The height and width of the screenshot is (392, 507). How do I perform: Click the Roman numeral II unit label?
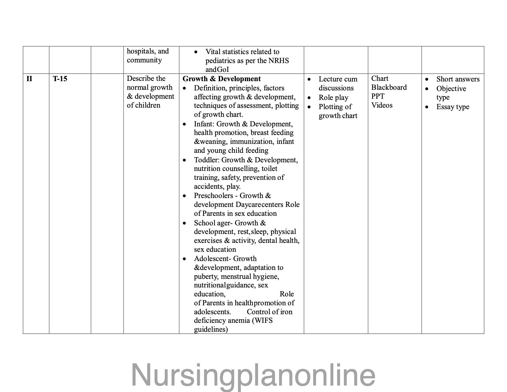point(29,79)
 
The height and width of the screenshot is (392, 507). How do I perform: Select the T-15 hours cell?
point(60,79)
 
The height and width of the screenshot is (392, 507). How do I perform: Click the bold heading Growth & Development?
point(222,79)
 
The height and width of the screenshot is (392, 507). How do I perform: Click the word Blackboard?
point(389,88)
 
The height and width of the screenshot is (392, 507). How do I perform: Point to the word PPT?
point(378,96)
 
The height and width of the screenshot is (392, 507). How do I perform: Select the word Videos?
point(382,105)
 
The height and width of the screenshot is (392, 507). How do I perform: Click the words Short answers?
point(458,79)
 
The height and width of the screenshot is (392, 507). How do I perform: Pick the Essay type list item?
point(453,107)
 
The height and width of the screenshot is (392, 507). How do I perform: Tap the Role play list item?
point(333,98)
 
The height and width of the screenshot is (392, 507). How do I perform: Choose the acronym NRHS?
point(278,61)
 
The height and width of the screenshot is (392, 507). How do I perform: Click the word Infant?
point(204,124)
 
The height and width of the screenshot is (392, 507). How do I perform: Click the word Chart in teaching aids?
point(380,79)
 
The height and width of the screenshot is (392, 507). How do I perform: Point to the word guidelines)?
point(211,330)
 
